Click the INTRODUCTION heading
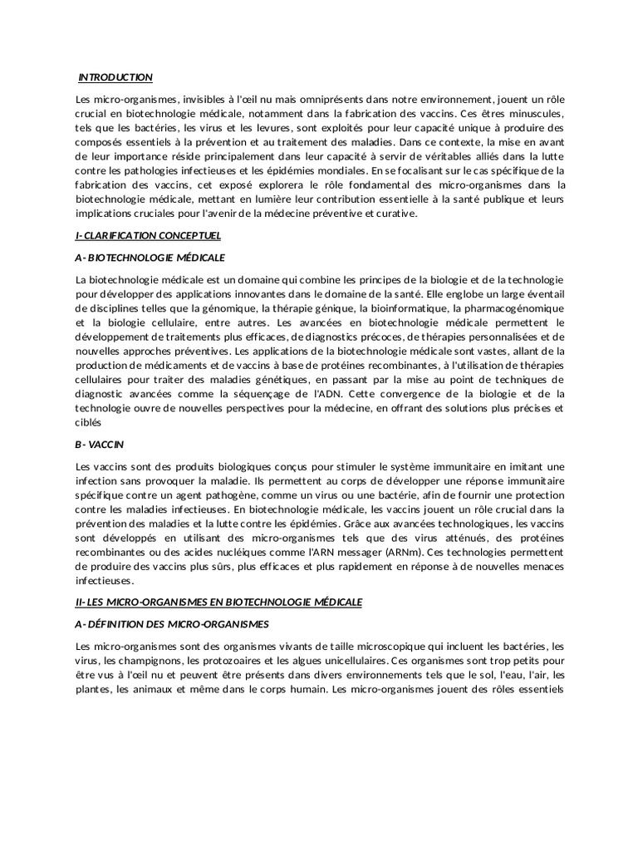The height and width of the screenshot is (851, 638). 115,77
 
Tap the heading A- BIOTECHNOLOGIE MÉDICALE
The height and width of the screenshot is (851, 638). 150,258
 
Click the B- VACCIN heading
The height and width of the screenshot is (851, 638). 99,444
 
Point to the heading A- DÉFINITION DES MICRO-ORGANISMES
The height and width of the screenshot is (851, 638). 172,624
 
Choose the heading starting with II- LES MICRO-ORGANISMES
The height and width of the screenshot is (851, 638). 218,602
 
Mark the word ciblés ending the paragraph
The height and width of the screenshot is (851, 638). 88,421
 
